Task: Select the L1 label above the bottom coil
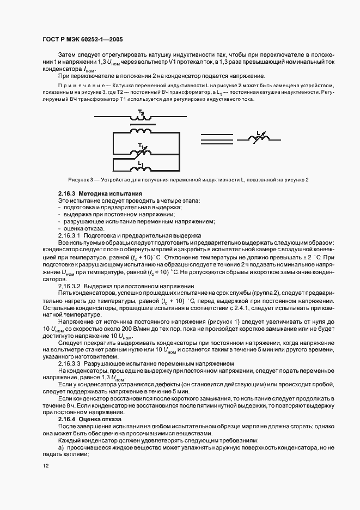tap(141, 162)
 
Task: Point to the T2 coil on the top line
tap(141, 118)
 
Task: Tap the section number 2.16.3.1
tap(69, 235)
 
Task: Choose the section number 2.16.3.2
tap(69, 286)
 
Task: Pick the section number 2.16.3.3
tap(69, 363)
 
